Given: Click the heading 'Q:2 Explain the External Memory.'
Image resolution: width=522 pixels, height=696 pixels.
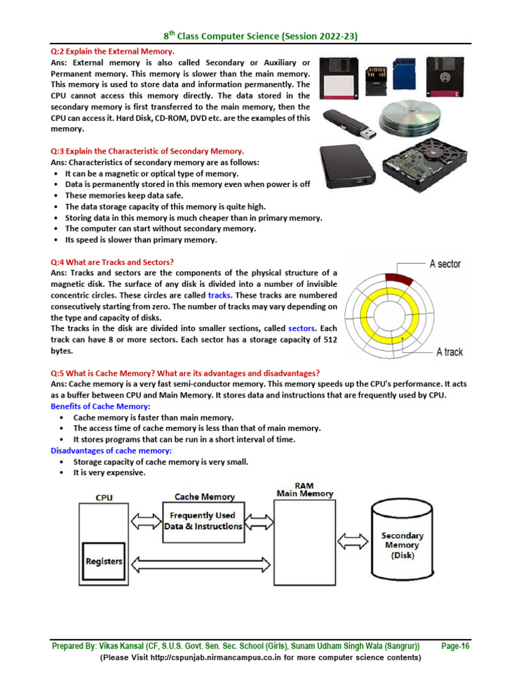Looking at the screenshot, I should point(113,52).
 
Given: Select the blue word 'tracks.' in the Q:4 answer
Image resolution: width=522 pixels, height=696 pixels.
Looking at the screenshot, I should point(220,295).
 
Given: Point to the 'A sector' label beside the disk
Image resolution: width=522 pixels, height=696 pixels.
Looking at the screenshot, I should point(445,264).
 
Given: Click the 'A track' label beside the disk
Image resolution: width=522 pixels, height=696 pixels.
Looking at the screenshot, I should point(449,351).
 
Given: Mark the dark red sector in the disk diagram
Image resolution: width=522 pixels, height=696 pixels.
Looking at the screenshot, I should point(395,276).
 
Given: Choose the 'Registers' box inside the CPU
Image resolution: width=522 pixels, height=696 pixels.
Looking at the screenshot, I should point(104,561).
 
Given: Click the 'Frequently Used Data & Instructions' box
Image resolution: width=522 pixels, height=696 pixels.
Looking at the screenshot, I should point(203,521).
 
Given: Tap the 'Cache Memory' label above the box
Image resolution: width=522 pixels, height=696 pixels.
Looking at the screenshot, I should point(205,497).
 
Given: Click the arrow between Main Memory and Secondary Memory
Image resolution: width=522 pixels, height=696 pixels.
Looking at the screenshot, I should point(352,541).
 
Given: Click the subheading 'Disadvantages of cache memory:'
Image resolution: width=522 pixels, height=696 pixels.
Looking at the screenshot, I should point(111,451).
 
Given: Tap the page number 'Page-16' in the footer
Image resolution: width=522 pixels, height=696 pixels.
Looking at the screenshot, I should point(455,646).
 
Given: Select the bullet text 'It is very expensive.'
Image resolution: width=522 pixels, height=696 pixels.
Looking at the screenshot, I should point(109,472).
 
